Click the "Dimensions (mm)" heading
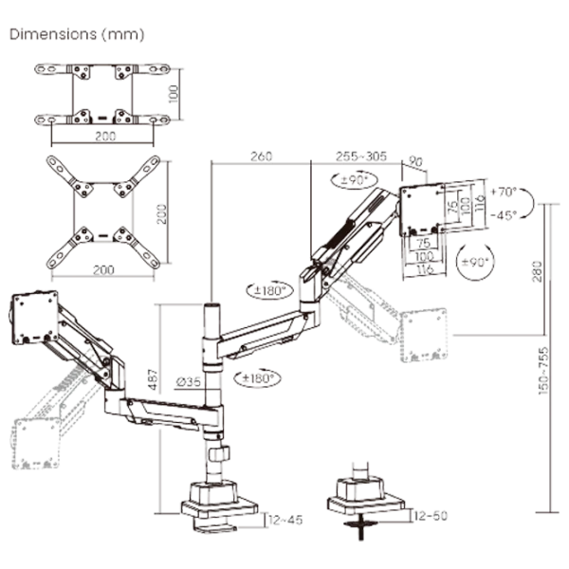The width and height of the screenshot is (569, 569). coord(76,36)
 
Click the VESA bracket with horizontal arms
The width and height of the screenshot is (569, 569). coord(103,96)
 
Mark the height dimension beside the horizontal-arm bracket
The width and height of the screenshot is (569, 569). coord(172,96)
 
